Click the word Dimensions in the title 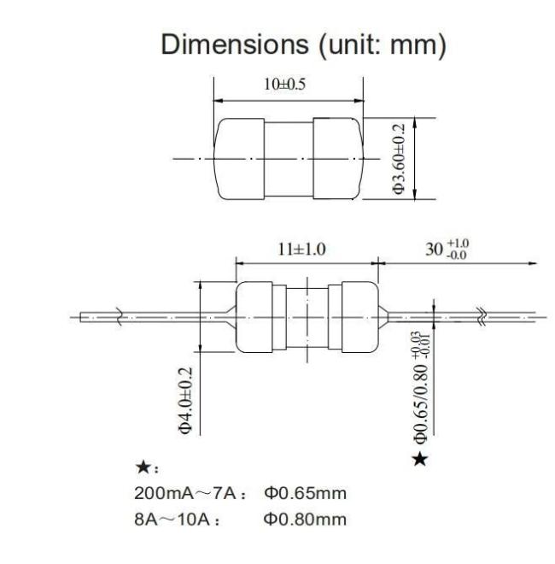coord(235,44)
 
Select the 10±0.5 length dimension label coord(284,85)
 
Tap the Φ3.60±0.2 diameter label coord(399,159)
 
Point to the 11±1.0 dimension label coord(301,250)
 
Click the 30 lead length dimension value coord(434,250)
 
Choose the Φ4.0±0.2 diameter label coord(185,400)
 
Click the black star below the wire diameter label coord(420,459)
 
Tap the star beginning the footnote coord(143,467)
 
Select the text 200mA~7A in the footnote coord(185,493)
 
